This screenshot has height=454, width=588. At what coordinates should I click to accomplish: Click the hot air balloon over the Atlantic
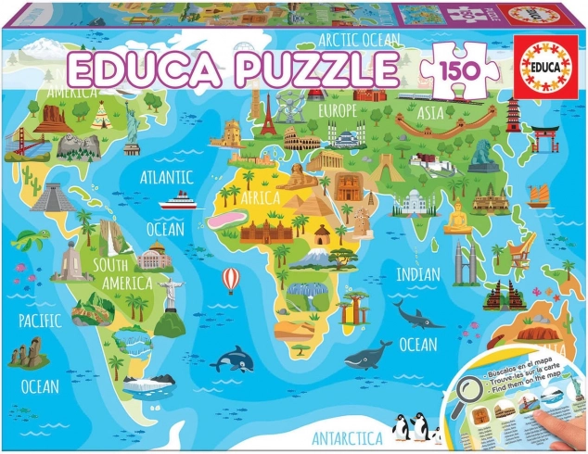[x=230, y=278]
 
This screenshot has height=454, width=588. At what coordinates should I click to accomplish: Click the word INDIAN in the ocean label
[x=419, y=274]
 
